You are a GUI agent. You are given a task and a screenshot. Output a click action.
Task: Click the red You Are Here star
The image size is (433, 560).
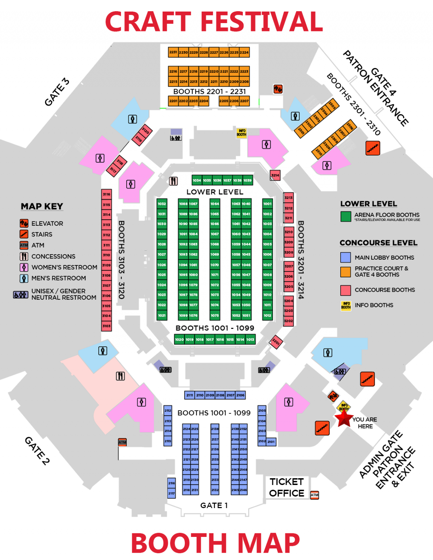click(343, 419)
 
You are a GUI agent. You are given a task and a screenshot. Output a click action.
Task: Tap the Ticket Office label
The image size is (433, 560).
click(287, 488)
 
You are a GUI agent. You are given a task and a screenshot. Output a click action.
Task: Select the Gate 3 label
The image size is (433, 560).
click(57, 92)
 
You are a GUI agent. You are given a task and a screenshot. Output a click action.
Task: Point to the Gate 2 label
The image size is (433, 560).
click(37, 450)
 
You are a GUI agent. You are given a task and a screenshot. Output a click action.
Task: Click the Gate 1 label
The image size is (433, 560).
click(214, 506)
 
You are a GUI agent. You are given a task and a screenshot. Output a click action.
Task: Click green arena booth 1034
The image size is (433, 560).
click(197, 180)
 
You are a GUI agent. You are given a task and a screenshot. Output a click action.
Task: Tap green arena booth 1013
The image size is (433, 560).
click(250, 339)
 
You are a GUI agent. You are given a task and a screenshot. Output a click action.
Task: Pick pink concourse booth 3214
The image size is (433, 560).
click(275, 176)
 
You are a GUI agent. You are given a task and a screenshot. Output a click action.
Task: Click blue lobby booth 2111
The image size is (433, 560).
click(189, 395)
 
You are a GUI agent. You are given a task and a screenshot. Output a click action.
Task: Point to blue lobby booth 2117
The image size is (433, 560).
click(171, 493)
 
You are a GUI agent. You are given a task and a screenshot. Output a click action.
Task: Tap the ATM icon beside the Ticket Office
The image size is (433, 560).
click(315, 495)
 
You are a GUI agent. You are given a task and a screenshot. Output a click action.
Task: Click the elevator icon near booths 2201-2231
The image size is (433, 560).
click(278, 89)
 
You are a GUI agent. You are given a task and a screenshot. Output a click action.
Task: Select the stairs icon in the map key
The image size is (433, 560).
click(24, 234)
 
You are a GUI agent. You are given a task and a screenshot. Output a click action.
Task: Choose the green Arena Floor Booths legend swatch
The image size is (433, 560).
click(346, 216)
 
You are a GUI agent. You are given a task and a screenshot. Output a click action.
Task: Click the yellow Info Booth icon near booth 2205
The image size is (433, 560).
click(241, 133)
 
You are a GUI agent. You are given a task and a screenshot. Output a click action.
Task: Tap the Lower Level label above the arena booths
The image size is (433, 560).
click(215, 192)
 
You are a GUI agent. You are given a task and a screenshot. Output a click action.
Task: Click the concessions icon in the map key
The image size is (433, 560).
click(24, 256)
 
